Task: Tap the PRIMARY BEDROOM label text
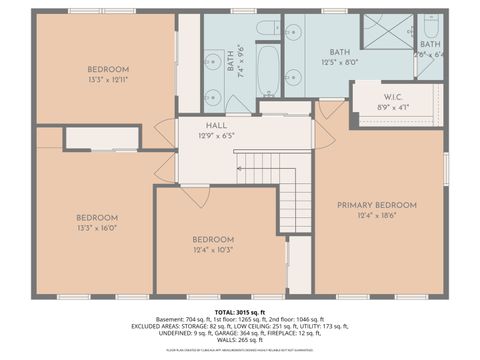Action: point(376,205)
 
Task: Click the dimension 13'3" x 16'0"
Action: point(97,227)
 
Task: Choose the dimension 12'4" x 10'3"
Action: point(212,249)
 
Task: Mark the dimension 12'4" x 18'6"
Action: point(376,215)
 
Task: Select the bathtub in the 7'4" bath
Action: point(269,70)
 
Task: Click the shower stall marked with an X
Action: point(387,31)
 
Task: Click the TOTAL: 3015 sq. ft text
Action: point(240,313)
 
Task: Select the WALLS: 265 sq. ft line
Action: point(240,340)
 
